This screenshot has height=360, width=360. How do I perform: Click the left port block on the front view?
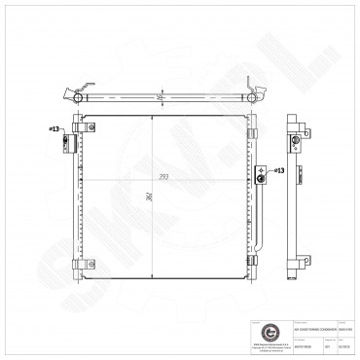click(68, 143)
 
